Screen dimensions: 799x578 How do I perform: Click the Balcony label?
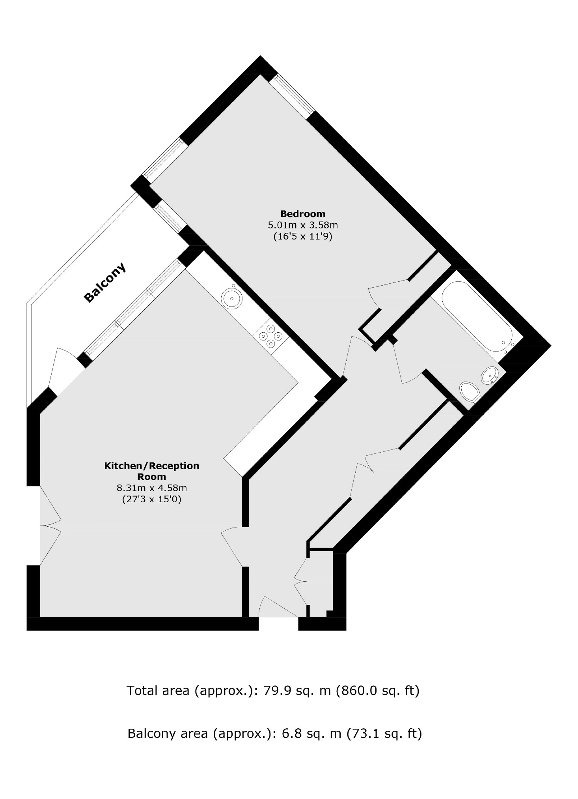105,282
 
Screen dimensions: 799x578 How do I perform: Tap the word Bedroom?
302,214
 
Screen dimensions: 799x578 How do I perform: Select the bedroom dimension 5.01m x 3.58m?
302,225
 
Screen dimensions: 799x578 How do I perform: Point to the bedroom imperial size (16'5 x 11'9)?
302,237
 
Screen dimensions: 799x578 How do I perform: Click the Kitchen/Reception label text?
151,471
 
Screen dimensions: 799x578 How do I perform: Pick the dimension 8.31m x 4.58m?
151,488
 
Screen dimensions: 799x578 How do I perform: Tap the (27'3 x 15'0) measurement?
151,500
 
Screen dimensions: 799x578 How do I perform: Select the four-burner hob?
270,336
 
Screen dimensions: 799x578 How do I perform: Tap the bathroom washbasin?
490,375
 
